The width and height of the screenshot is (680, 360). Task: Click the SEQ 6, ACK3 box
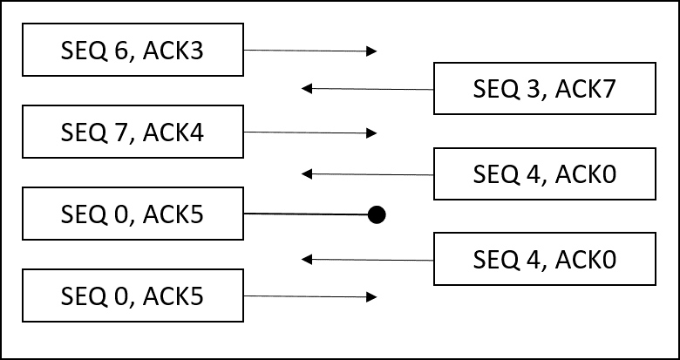click(x=133, y=51)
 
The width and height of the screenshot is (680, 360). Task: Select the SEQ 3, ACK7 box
click(x=545, y=89)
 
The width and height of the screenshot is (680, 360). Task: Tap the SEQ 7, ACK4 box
click(x=133, y=132)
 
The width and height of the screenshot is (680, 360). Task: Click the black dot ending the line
click(x=376, y=214)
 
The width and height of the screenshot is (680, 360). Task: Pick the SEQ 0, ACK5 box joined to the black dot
click(x=133, y=214)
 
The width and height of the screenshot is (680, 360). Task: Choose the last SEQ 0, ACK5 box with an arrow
click(x=133, y=296)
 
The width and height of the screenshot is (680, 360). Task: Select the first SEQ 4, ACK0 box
click(x=545, y=173)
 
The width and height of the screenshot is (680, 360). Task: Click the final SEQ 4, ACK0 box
click(x=545, y=259)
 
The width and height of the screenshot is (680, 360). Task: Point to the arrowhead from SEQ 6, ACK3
click(x=372, y=51)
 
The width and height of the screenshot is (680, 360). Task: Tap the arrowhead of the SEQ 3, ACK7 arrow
click(x=306, y=88)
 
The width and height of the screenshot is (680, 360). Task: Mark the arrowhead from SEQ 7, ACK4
click(x=372, y=133)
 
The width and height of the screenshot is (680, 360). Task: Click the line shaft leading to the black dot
click(x=305, y=214)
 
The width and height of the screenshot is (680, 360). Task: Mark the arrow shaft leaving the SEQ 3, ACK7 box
click(x=371, y=89)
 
